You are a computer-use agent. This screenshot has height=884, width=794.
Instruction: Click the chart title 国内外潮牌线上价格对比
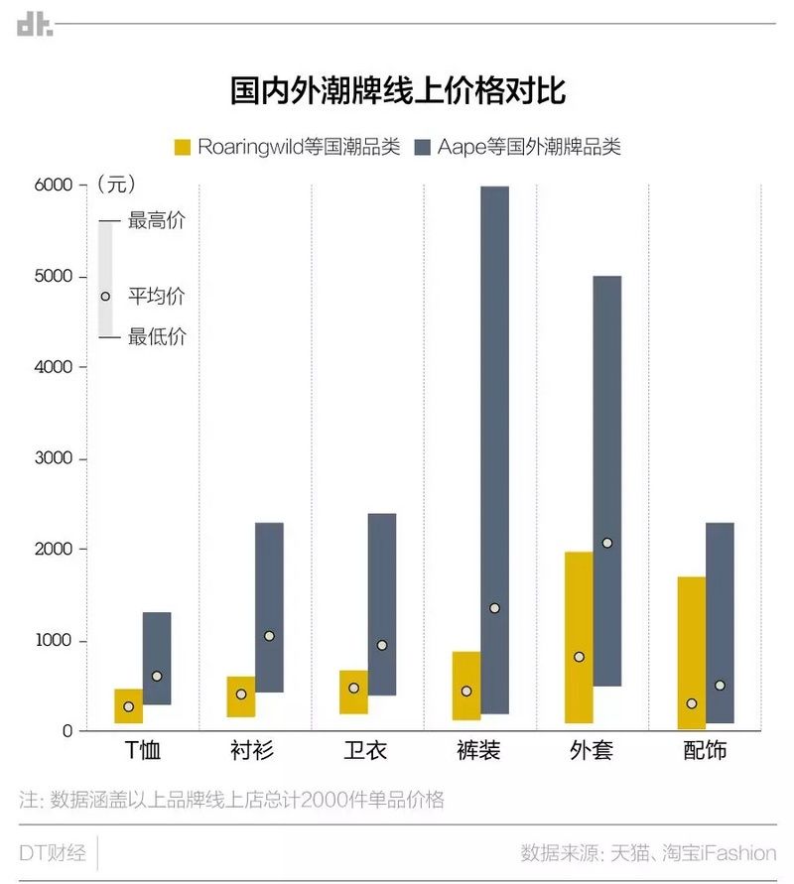click(x=397, y=91)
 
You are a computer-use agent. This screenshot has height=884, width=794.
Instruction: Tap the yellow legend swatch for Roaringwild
click(x=182, y=147)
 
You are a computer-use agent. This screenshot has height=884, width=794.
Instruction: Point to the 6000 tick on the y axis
click(x=54, y=185)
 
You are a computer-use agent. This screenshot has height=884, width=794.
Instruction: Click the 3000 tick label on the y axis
click(x=54, y=458)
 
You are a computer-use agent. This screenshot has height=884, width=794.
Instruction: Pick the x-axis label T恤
click(x=142, y=751)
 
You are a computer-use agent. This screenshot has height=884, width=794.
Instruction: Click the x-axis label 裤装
click(x=479, y=751)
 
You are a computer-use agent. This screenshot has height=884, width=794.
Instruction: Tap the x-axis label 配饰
click(x=705, y=751)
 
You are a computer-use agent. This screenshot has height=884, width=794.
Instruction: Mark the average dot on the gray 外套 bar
click(x=607, y=543)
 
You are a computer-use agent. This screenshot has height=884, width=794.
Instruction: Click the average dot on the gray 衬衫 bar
click(x=269, y=636)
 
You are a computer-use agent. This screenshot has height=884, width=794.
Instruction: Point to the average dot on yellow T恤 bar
click(x=128, y=706)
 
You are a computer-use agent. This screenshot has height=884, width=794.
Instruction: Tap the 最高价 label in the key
click(x=157, y=220)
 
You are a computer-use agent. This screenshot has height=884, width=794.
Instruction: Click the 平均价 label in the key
click(x=157, y=297)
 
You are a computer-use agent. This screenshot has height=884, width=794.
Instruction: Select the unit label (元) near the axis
click(x=117, y=185)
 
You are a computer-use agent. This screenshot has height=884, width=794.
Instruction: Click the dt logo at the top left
click(x=34, y=25)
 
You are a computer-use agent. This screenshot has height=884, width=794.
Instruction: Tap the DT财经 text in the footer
click(x=53, y=852)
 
